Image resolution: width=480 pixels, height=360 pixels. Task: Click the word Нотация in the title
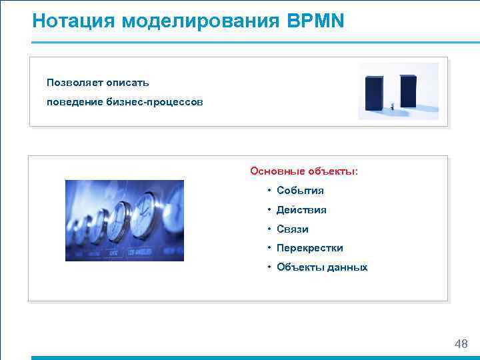pos(74,21)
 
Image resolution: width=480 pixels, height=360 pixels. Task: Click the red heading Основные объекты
pos(303,171)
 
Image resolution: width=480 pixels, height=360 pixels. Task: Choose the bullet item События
pos(300,191)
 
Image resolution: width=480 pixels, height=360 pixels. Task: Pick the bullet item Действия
pos(301,210)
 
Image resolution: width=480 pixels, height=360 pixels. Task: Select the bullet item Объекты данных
pos(322,267)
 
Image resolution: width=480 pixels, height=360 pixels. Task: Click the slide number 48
pos(460,344)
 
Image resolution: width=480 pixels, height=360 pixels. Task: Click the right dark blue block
pos(408,91)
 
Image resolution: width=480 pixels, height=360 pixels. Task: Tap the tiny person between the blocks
pos(393,105)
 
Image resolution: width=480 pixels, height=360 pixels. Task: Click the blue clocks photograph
pos(124,220)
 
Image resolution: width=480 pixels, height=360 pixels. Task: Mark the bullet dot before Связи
pos(269,229)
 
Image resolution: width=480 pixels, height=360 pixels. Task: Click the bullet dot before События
pos(269,191)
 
